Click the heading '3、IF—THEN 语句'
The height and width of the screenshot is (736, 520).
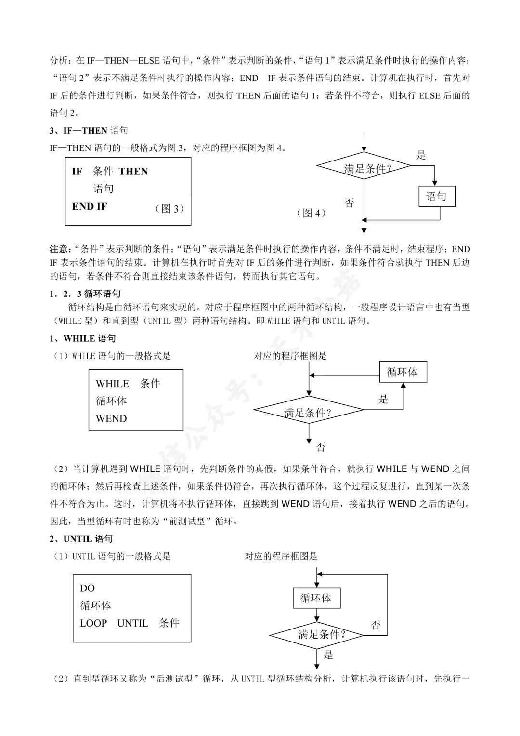pyautogui.click(x=89, y=131)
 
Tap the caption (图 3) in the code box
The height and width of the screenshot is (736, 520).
pyautogui.click(x=169, y=209)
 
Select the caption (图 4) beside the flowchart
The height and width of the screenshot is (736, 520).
pyautogui.click(x=311, y=213)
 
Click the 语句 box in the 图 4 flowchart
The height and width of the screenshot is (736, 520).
pyautogui.click(x=437, y=196)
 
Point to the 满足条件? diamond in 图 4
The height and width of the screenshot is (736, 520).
pyautogui.click(x=364, y=166)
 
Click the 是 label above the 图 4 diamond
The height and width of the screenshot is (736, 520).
pyautogui.click(x=421, y=155)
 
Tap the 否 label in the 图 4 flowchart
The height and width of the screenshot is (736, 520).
pyautogui.click(x=349, y=202)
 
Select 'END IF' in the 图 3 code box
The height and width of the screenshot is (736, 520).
pyautogui.click(x=90, y=206)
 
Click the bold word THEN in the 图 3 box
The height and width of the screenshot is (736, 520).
pyautogui.click(x=133, y=171)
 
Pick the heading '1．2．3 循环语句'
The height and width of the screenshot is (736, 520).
pyautogui.click(x=85, y=294)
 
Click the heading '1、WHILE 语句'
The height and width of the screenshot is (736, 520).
pyautogui.click(x=83, y=338)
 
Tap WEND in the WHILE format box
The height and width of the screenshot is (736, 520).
pyautogui.click(x=111, y=418)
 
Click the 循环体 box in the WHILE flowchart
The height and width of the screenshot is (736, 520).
pyautogui.click(x=403, y=372)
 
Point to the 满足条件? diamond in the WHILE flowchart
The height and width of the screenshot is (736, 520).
pyautogui.click(x=309, y=410)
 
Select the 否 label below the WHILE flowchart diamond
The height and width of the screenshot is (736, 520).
pyautogui.click(x=320, y=447)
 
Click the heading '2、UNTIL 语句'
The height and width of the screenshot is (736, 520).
pyautogui.click(x=81, y=539)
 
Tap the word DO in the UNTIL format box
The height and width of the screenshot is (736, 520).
pyautogui.click(x=87, y=588)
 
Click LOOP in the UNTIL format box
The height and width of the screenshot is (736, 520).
pyautogui.click(x=93, y=623)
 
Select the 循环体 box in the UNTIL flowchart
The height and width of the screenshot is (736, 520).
pyautogui.click(x=316, y=598)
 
